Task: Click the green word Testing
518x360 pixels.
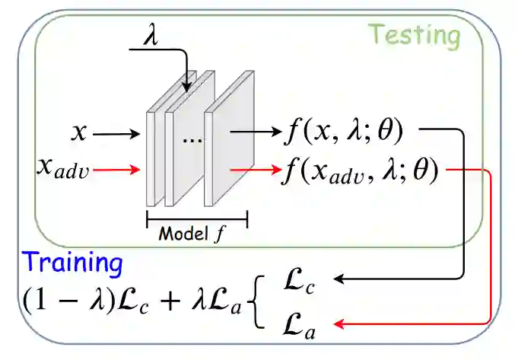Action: coord(415,35)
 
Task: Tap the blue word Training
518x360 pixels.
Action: coord(72,263)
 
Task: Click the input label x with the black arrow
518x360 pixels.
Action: coord(79,133)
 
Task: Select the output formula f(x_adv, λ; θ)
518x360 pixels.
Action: coord(361,169)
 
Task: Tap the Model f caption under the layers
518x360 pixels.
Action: coord(195,234)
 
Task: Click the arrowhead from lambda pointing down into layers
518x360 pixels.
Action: coord(188,88)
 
